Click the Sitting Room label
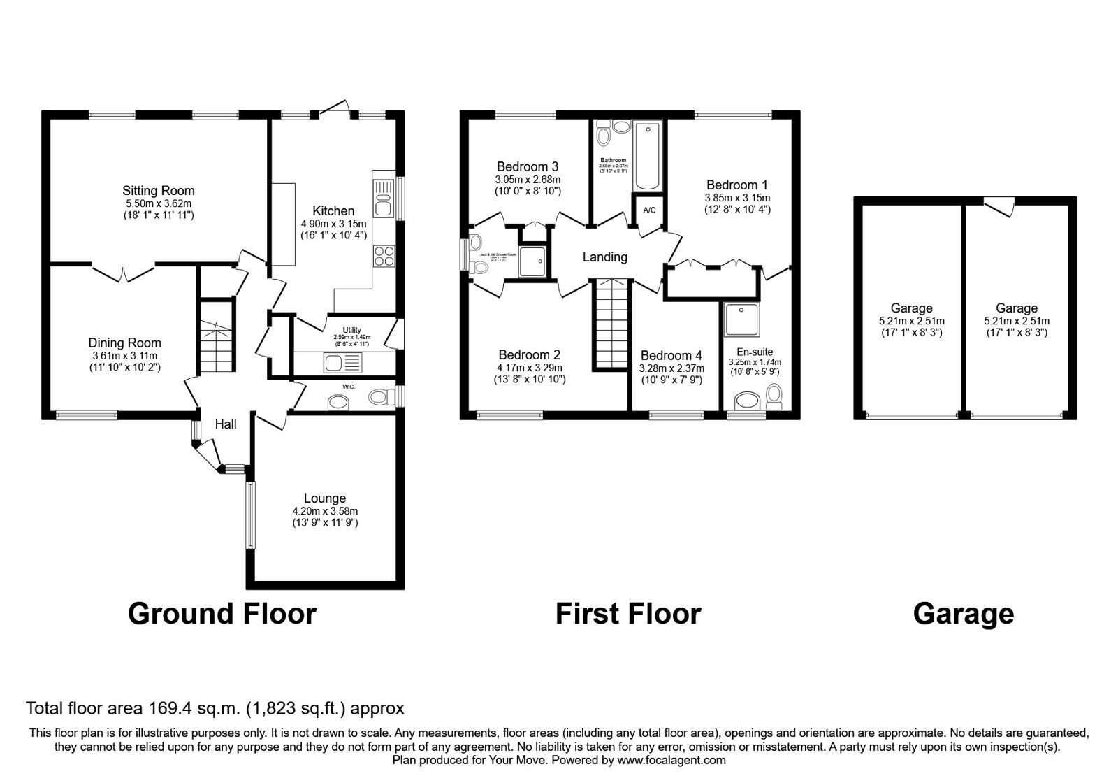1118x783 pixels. (x=159, y=190)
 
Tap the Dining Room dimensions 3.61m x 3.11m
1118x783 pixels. (x=124, y=356)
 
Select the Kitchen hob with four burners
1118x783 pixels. (x=384, y=256)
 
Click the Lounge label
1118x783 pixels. (x=324, y=498)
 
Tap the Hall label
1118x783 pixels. (x=226, y=424)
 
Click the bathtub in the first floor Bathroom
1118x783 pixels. (x=648, y=155)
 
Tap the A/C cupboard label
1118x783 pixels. (x=649, y=210)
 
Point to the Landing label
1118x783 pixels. (x=604, y=257)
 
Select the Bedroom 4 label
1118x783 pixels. (x=671, y=355)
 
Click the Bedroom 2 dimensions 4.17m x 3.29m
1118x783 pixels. (x=530, y=368)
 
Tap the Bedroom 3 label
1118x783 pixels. (x=527, y=166)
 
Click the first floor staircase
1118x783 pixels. (x=612, y=323)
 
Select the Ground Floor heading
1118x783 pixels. (x=222, y=613)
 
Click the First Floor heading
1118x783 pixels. (x=627, y=613)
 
